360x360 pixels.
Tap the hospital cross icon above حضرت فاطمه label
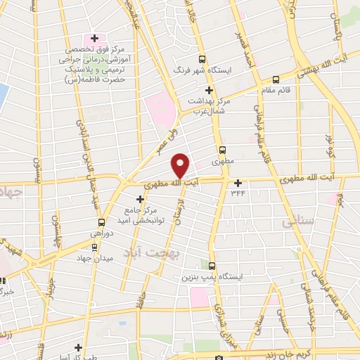[x=94, y=37]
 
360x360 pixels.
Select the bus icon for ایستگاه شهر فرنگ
[x=202, y=60]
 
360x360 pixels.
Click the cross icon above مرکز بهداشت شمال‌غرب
[x=209, y=90]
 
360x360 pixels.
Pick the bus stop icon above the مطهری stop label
[x=222, y=150]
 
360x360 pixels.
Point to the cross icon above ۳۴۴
[x=238, y=183]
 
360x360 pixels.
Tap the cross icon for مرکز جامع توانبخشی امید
[x=139, y=200]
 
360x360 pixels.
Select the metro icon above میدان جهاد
[x=95, y=247]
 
